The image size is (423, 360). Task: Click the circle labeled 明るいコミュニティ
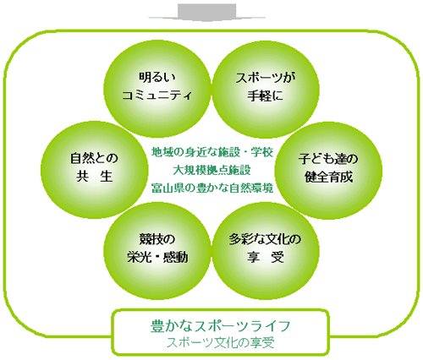coord(157,89)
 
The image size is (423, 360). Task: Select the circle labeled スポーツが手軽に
coord(266,89)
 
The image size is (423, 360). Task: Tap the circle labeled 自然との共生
coord(95,170)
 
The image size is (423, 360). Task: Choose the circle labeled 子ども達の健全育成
coord(328,170)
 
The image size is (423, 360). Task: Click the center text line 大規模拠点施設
coord(211,170)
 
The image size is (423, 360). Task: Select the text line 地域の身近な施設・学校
coord(212,152)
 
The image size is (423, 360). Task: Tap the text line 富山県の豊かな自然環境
coord(212,188)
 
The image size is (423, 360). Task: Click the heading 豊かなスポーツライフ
coord(220,326)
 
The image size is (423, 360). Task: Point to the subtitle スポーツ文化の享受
coord(220,343)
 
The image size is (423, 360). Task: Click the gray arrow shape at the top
coord(207,13)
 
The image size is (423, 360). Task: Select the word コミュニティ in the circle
coord(157,95)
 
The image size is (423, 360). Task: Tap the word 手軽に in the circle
coord(265,95)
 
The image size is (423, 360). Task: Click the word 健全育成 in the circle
coord(328,177)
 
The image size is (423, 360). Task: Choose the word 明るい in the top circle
coord(157,77)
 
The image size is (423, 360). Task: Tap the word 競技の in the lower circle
coord(157,239)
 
